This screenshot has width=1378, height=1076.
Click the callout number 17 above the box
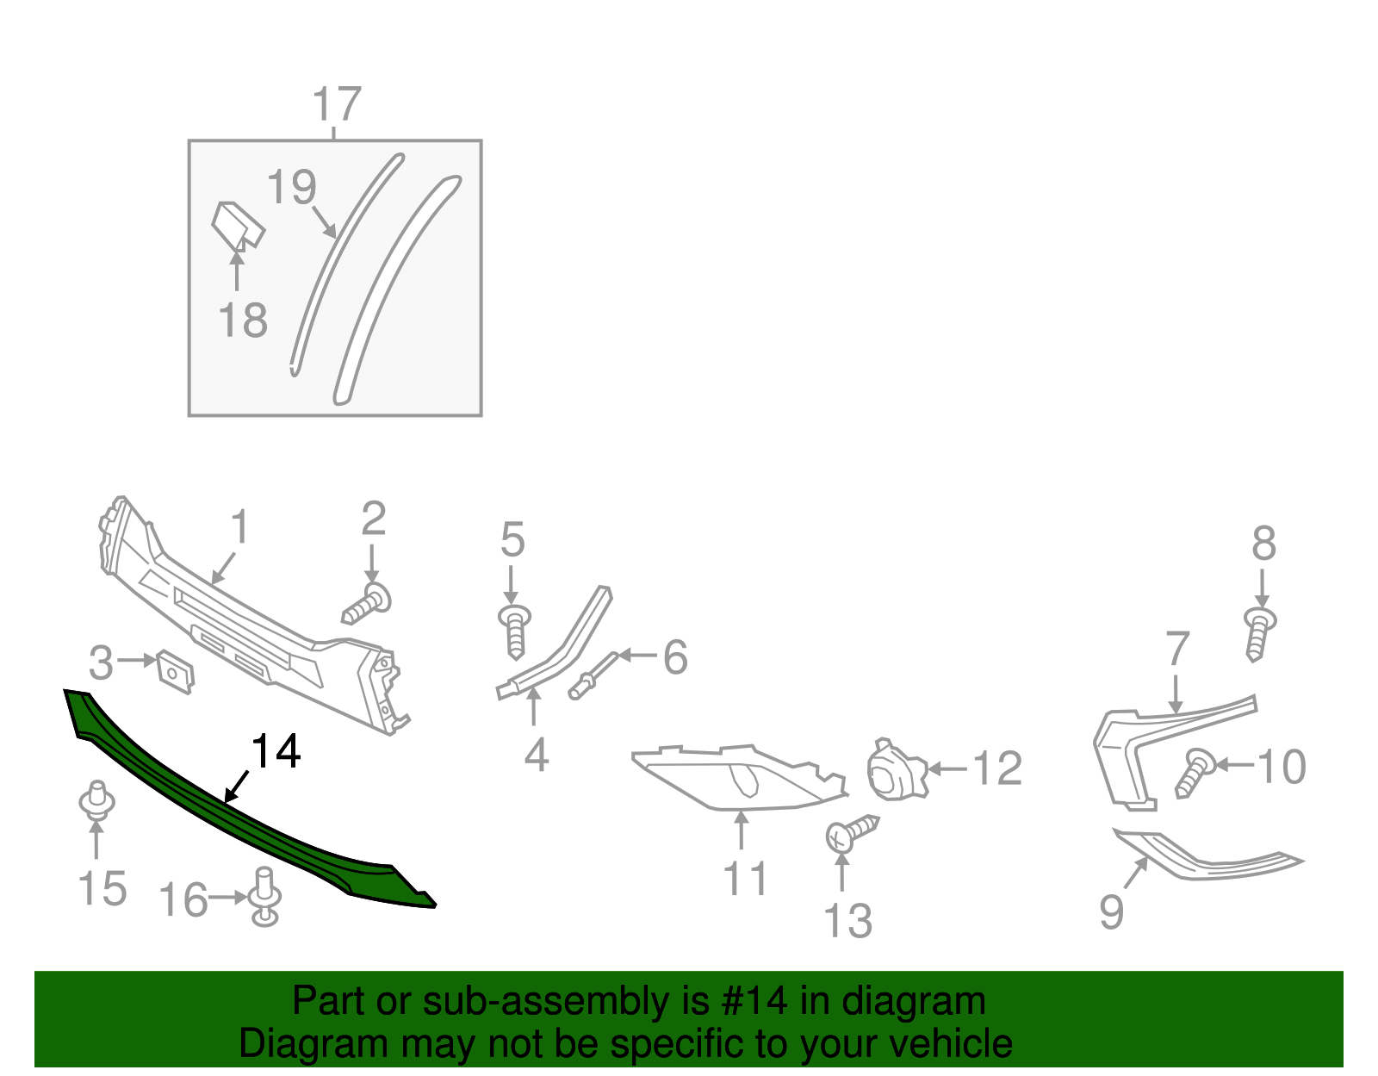(x=336, y=104)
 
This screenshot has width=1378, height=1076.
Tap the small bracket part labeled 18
(x=238, y=226)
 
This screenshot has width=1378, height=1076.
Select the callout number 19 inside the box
(x=292, y=187)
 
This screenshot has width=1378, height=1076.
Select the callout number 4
(x=537, y=755)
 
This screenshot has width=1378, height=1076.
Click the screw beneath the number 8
(x=1258, y=633)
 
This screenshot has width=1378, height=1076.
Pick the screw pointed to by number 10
(x=1193, y=773)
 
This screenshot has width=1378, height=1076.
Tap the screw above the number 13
(x=852, y=832)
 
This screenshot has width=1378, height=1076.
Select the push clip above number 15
(x=96, y=800)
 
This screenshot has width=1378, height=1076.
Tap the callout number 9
(x=1111, y=911)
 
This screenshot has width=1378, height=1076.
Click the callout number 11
(x=745, y=880)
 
